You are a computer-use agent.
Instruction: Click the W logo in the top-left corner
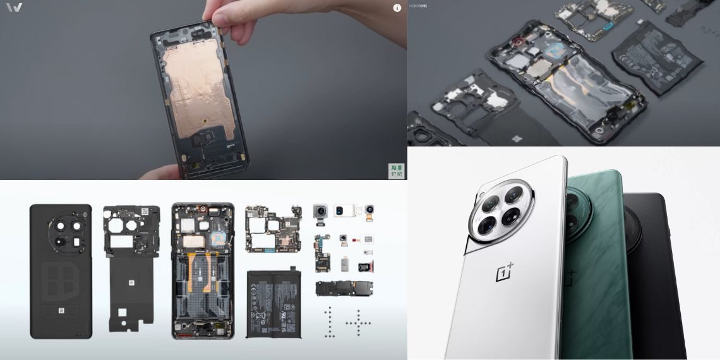click(x=14, y=8)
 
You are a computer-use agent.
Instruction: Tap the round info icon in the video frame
click(x=397, y=8)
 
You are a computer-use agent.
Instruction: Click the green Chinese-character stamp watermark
click(x=396, y=171)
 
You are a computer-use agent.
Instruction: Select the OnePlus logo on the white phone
click(x=505, y=273)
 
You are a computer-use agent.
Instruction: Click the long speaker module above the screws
click(x=344, y=289)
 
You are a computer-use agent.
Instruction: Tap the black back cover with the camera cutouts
click(x=61, y=271)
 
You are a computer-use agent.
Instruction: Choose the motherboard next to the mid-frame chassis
click(x=273, y=228)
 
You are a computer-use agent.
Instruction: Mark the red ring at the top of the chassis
click(x=203, y=209)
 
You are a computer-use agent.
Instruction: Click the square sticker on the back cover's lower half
click(x=61, y=311)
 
